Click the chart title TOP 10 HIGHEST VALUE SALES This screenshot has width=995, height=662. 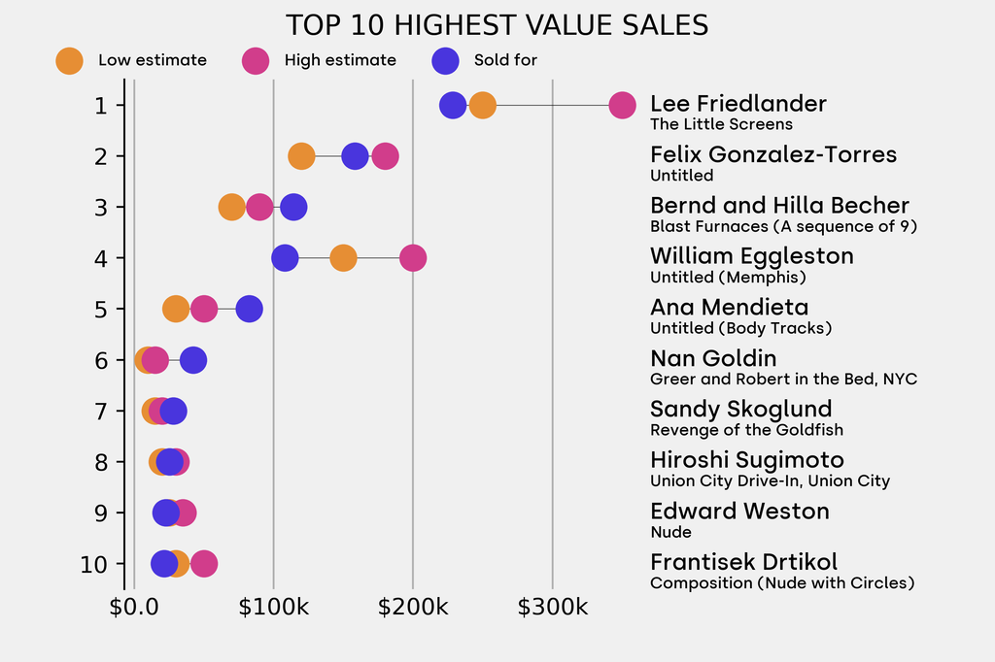click(x=497, y=24)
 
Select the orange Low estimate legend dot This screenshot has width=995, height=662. click(x=69, y=60)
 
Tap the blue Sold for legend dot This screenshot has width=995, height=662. click(x=444, y=60)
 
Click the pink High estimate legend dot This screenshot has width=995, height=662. click(x=256, y=60)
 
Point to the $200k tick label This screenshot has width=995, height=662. click(x=413, y=609)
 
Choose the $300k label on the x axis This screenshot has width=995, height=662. click(x=552, y=609)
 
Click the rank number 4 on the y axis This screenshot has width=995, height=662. click(x=102, y=258)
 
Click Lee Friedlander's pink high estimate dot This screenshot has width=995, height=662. click(x=622, y=105)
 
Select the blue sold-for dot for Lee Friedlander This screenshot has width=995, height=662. click(x=453, y=105)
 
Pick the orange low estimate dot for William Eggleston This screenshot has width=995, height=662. click(x=343, y=258)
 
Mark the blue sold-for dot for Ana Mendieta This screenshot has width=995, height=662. click(x=250, y=309)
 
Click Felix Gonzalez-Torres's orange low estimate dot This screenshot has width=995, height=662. click(x=301, y=156)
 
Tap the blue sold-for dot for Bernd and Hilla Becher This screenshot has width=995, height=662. click(x=293, y=207)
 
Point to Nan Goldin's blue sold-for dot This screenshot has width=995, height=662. click(x=193, y=360)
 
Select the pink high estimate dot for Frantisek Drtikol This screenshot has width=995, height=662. click(x=204, y=564)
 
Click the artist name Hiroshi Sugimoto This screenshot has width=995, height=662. click(x=746, y=460)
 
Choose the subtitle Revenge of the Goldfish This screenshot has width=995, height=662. click(x=746, y=430)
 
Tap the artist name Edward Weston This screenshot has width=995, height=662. click(x=739, y=512)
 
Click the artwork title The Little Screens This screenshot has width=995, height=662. click(x=721, y=124)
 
